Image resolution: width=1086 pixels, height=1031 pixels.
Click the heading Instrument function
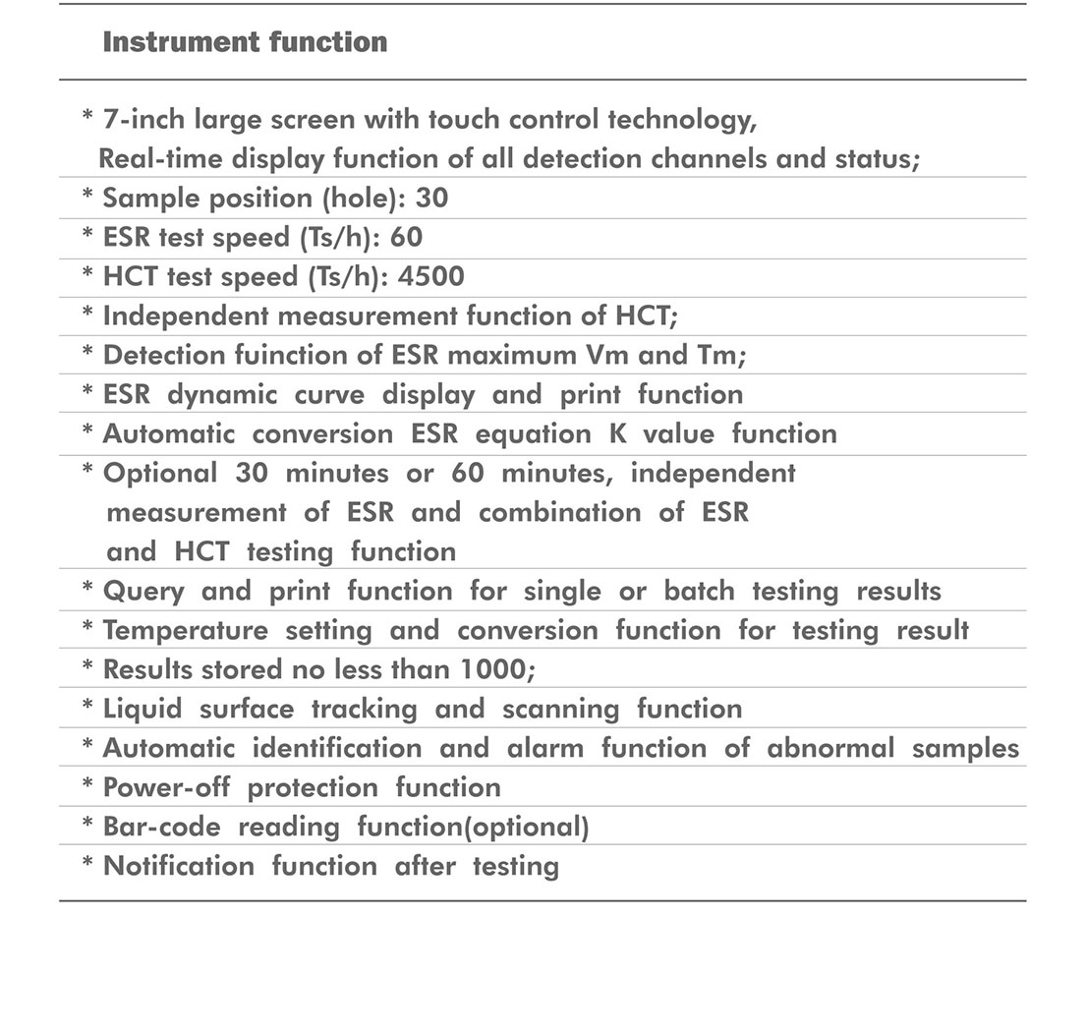[x=245, y=42]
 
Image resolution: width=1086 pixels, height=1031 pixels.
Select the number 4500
[x=430, y=277]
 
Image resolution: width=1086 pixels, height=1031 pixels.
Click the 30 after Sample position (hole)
[x=431, y=199]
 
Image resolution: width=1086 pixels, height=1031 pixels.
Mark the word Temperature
[x=185, y=630]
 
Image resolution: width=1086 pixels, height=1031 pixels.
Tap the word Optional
[x=159, y=473]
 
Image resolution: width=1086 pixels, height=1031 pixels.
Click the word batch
[x=699, y=591]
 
